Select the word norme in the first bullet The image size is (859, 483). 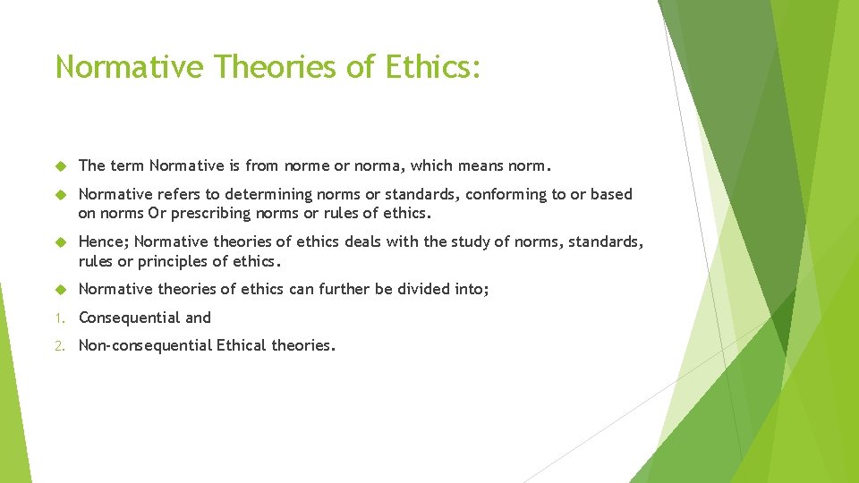[307, 165]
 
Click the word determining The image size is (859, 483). [268, 194]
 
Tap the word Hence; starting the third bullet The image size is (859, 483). [104, 242]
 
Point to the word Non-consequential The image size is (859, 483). [145, 345]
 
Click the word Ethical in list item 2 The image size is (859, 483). [242, 345]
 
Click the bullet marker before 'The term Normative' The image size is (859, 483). [60, 166]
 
